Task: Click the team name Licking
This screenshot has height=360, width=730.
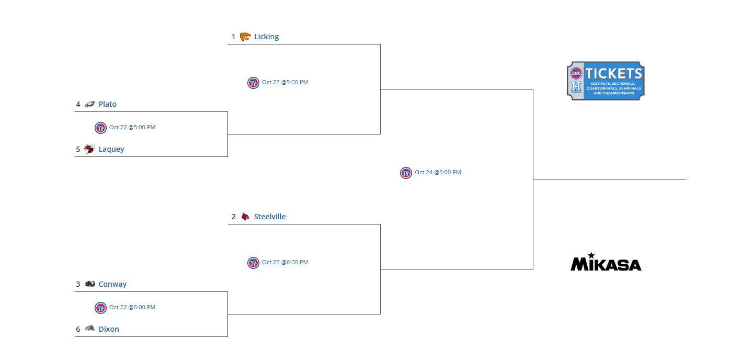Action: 266,37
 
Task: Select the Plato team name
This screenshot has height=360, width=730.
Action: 107,104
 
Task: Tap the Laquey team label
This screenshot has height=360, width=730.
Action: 111,149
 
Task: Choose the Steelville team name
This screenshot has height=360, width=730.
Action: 270,217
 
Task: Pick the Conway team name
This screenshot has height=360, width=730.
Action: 112,284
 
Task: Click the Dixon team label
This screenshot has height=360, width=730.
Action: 109,329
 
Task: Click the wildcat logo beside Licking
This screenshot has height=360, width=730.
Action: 245,37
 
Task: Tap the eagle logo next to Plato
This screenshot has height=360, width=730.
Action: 89,104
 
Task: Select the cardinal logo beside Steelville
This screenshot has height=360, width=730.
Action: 245,217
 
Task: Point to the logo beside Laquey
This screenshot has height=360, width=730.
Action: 89,149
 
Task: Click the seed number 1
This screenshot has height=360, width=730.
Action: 234,37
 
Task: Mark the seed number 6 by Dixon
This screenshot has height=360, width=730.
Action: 78,329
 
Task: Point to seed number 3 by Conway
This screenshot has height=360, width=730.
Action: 78,284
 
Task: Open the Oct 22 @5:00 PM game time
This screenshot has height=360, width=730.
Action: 132,127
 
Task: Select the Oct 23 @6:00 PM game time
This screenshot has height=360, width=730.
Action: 285,262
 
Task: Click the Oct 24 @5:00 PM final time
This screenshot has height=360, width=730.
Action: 438,172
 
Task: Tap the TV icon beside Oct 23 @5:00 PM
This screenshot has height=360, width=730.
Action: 253,83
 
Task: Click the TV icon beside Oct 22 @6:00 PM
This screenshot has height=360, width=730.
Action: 100,308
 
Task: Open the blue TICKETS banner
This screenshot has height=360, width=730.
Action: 606,81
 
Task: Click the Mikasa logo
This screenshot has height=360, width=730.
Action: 606,262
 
